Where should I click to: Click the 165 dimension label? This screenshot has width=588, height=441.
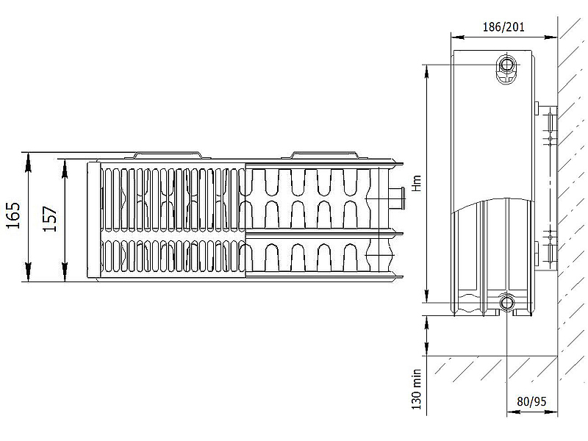pyautogui.click(x=13, y=215)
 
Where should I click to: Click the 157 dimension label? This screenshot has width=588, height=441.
pyautogui.click(x=50, y=218)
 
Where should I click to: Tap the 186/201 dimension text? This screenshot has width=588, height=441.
pyautogui.click(x=503, y=27)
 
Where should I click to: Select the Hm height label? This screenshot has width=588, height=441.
pyautogui.click(x=417, y=183)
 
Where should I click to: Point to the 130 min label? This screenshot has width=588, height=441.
pyautogui.click(x=417, y=390)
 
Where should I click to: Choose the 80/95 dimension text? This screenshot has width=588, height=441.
pyautogui.click(x=531, y=401)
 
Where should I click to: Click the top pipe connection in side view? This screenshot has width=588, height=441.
pyautogui.click(x=506, y=65)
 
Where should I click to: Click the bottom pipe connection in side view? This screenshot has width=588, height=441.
pyautogui.click(x=506, y=302)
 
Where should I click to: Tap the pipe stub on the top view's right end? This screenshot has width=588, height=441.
pyautogui.click(x=398, y=198)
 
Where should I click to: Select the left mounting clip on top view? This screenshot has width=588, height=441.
pyautogui.click(x=168, y=155)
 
